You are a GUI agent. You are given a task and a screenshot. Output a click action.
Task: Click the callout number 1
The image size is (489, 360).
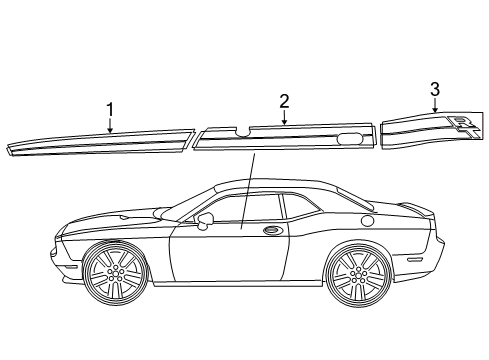pos(110,108)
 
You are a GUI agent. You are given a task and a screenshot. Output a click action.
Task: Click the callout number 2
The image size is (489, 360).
pos(284,100)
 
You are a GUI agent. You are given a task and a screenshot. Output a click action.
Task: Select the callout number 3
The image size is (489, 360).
pos(435,89)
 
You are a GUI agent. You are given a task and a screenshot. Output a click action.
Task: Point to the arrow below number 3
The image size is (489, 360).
pos(435,109)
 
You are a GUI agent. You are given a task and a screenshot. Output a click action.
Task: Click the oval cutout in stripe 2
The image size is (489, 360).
pos(351,138)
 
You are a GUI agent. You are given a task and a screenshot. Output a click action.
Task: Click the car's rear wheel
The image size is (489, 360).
pos(358,277)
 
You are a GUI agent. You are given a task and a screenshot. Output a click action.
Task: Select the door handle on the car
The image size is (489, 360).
pos(272,233)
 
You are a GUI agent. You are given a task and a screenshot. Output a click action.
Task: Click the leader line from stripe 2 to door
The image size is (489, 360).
pos(247,190)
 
